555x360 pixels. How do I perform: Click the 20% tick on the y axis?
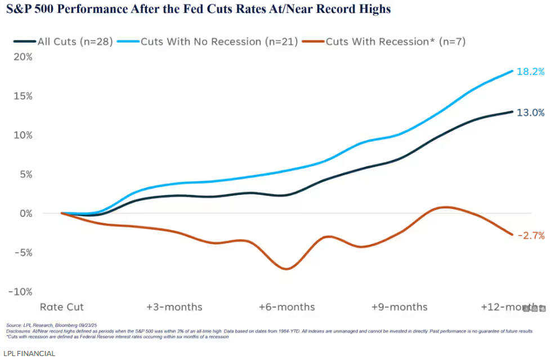click(x=23, y=57)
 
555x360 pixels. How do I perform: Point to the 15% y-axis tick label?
click(x=23, y=96)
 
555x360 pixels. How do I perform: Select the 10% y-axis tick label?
click(x=23, y=135)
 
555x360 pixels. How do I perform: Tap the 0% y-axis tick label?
click(x=25, y=214)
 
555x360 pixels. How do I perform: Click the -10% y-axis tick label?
click(x=21, y=292)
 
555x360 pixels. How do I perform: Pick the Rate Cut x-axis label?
click(x=61, y=307)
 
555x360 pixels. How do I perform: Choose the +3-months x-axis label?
click(x=174, y=307)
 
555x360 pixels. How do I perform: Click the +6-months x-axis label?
click(x=287, y=307)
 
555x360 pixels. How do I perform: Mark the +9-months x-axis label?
click(x=399, y=307)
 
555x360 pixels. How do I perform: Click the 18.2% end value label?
click(x=530, y=72)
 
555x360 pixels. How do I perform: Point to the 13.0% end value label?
click(x=530, y=113)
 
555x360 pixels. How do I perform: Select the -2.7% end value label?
click(x=530, y=235)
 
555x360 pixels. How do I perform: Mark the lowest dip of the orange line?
click(x=287, y=269)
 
